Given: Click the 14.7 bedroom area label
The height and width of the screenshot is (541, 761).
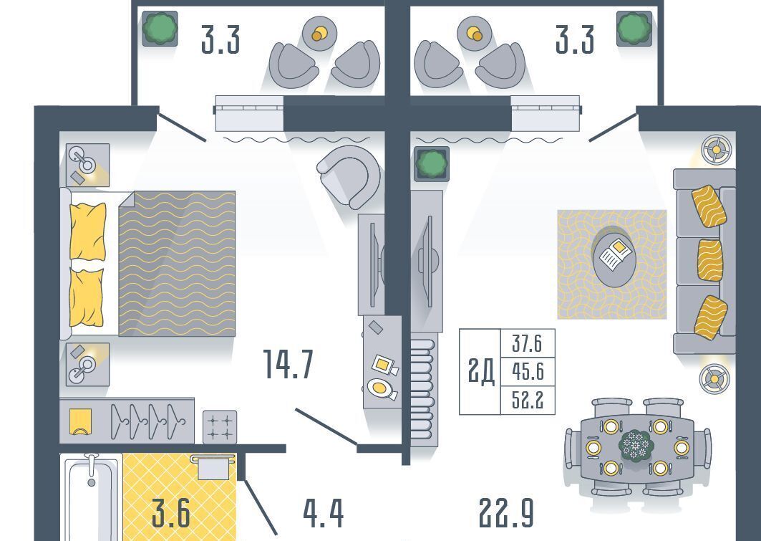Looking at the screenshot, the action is coord(288,364).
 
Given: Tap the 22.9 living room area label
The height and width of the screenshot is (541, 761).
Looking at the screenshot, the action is coord(506,513).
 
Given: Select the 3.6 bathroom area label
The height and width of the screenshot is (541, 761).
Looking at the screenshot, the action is coord(170,513).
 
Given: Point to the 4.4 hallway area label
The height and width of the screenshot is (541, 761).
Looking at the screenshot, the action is coord(324,513).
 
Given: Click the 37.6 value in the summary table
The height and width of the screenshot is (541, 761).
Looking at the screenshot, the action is coord(527,343).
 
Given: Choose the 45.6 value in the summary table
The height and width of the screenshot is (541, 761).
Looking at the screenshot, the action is coord(528,371).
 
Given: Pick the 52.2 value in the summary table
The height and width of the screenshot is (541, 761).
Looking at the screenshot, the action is coord(528,400).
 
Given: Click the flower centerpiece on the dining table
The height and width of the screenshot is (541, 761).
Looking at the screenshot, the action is coord(636,445).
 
